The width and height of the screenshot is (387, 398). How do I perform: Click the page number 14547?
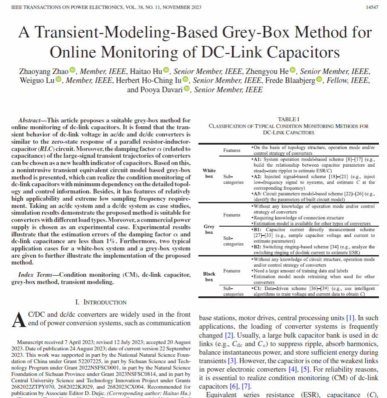[x=372, y=8]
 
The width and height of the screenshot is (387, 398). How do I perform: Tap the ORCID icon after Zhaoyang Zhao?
[x=73, y=70]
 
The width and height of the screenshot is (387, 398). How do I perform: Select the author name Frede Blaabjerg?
[x=283, y=80]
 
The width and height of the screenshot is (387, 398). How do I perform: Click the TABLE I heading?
[x=288, y=119]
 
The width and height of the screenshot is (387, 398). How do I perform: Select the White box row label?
[x=209, y=173]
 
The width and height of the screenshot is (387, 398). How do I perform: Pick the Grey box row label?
[x=209, y=229]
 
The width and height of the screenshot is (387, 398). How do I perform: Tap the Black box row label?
[x=209, y=277]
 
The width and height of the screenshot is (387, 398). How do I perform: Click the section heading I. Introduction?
[x=101, y=302]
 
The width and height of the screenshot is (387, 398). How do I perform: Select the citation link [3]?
[x=232, y=349]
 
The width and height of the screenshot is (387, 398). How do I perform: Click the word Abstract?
[x=29, y=121]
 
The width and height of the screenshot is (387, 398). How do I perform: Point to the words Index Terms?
[x=34, y=275]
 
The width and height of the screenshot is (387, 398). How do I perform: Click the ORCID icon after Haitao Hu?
[x=166, y=70]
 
